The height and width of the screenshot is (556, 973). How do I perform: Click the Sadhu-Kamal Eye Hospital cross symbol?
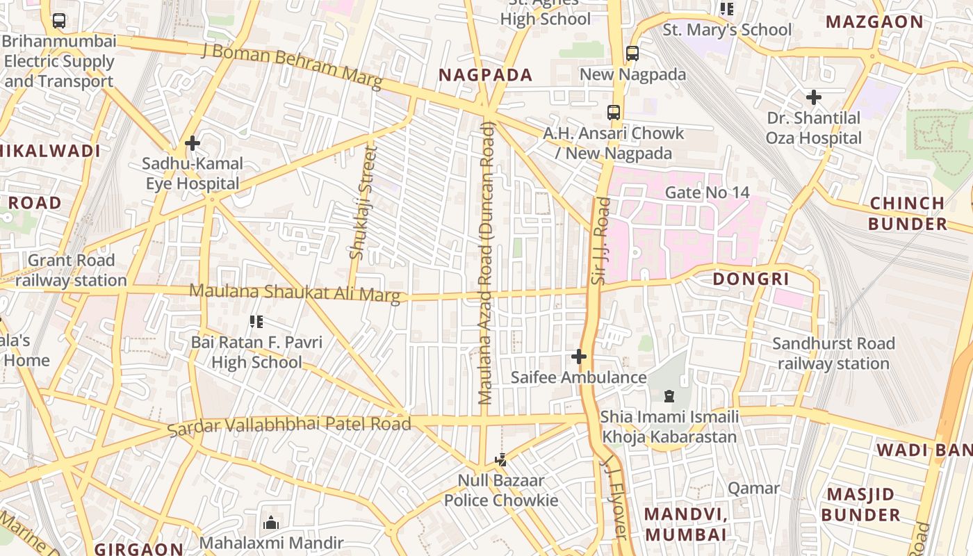[x=193, y=144]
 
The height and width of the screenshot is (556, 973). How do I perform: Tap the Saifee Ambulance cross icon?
[x=578, y=357]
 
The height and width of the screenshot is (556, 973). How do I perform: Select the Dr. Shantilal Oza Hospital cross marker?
[x=813, y=97]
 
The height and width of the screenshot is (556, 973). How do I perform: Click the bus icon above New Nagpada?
[x=632, y=53]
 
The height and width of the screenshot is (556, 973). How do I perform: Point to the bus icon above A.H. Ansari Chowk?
[x=613, y=112]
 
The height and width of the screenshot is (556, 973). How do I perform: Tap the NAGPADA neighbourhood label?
[x=485, y=75]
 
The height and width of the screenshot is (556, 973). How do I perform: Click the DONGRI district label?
[x=751, y=279]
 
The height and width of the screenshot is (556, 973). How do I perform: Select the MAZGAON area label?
[x=874, y=22]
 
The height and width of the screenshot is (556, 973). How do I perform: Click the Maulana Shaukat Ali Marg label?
[x=295, y=293]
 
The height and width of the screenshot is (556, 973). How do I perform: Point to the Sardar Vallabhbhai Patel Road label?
[x=290, y=425]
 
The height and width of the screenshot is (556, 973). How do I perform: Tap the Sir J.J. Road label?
[x=600, y=240]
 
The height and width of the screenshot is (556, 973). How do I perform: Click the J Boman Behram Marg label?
[x=292, y=66]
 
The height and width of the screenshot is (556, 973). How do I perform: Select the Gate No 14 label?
[x=707, y=192]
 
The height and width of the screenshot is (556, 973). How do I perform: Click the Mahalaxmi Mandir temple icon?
[x=271, y=523]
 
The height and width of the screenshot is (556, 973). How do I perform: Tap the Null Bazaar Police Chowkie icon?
[x=500, y=459]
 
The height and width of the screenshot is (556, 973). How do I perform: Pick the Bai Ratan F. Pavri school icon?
[x=256, y=322]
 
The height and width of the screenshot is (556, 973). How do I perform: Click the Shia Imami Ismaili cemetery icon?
[x=669, y=396]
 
